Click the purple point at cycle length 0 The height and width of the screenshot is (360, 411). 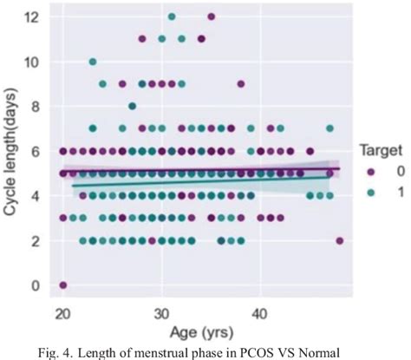tap(63, 285)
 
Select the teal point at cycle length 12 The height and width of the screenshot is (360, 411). tap(172, 16)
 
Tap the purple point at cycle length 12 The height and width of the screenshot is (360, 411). tap(212, 16)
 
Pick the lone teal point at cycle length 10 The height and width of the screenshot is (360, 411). tap(93, 62)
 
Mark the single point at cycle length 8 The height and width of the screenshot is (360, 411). tap(132, 106)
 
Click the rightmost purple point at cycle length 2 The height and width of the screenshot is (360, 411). tap(339, 240)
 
